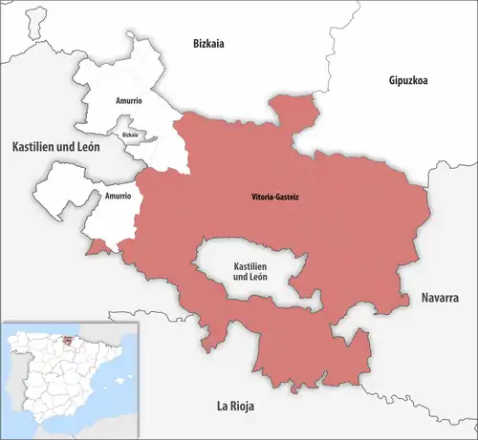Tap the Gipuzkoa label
pos(408,80)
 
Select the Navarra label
pos(440,298)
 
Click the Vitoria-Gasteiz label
pos(268,199)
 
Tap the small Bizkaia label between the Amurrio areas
pos(130,136)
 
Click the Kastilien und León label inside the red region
pos(249,271)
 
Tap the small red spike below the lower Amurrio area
pos(97,249)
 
